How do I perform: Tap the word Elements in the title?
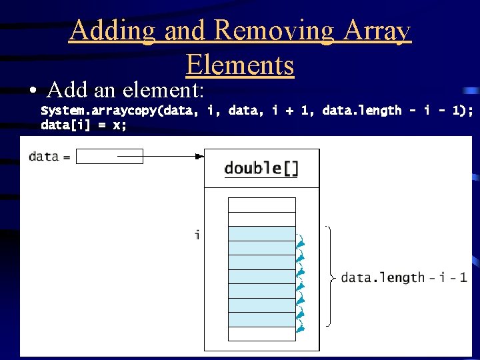[x=240, y=65]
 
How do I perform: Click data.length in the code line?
[x=362, y=111]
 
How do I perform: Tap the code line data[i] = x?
[x=83, y=125]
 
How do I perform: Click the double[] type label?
[x=261, y=168]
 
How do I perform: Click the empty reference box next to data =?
[x=109, y=157]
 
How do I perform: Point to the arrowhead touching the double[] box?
[x=199, y=157]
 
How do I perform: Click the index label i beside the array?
[x=197, y=235]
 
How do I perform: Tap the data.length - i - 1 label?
[x=403, y=277]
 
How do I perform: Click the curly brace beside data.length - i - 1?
[x=330, y=277]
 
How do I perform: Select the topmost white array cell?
[x=261, y=205]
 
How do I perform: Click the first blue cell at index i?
[x=261, y=234]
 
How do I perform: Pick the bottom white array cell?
[x=261, y=334]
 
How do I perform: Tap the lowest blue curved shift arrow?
[x=301, y=327]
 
